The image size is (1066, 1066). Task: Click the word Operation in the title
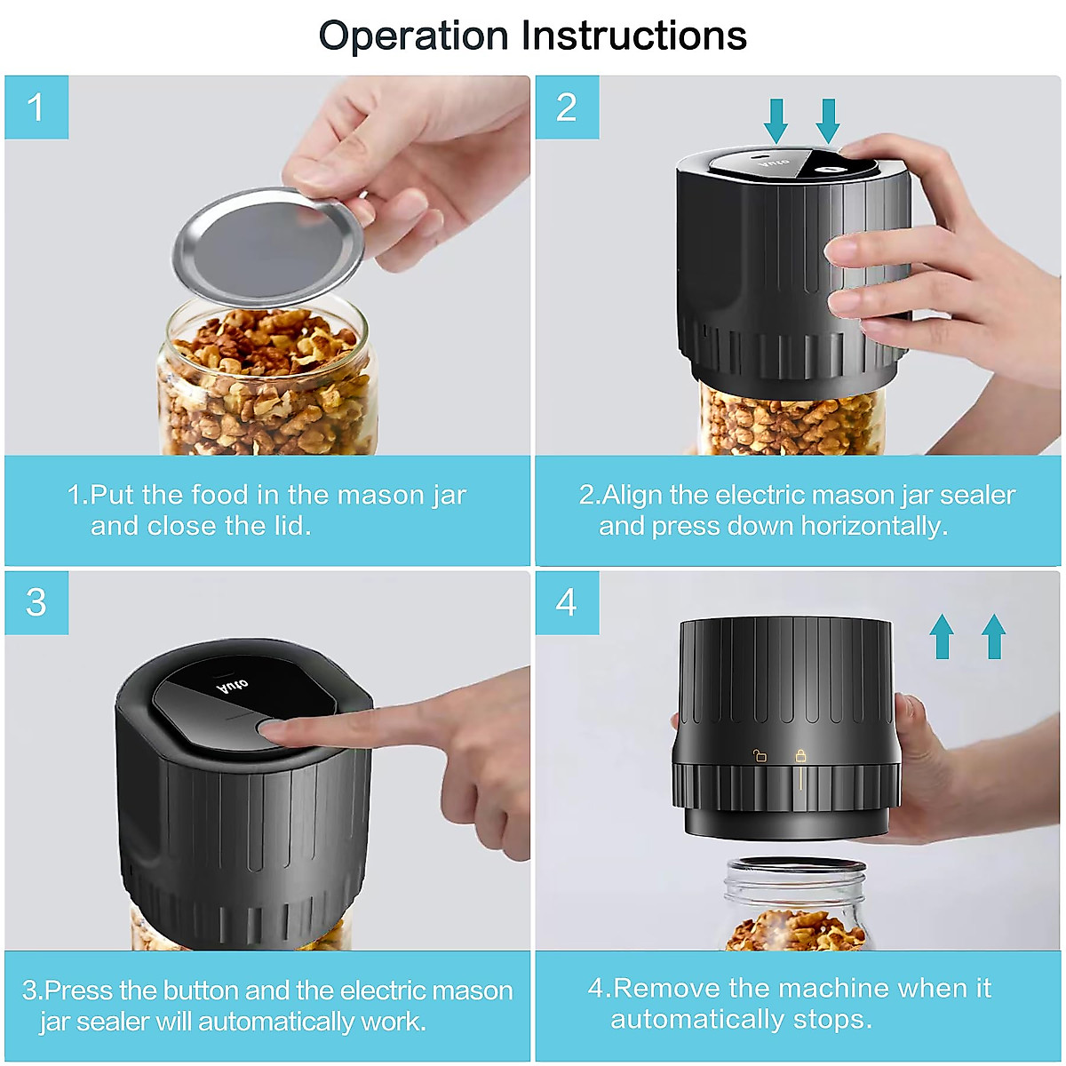pos(414,36)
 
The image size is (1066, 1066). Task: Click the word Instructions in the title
pos(633,36)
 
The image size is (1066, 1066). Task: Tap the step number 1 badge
pos(36,107)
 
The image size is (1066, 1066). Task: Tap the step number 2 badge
pos(567,107)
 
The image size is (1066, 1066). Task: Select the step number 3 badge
pos(36,603)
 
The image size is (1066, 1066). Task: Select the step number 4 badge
pos(567,603)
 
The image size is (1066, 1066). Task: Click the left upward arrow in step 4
pos(942,636)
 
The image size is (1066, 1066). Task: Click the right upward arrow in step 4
pos(993,636)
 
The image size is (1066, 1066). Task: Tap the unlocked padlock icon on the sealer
pos(760,756)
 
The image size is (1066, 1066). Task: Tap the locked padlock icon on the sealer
pos(800,755)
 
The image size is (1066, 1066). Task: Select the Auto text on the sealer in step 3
pos(233,686)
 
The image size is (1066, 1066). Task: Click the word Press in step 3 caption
pos(79,990)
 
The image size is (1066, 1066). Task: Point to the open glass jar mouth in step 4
pos(796,870)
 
